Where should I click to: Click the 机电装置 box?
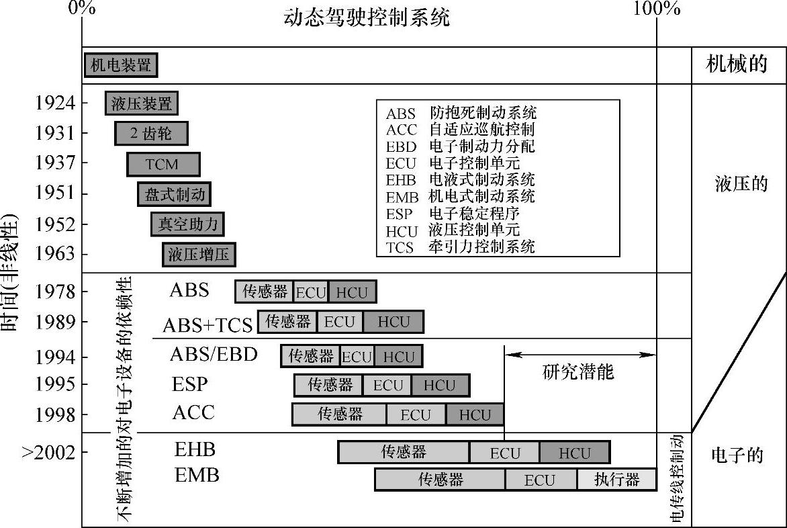tap(121, 65)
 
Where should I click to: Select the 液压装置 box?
tap(142, 103)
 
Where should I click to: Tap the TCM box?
tap(163, 164)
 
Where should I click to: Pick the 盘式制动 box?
tap(175, 194)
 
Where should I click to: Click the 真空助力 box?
tap(187, 224)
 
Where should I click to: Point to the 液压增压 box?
tap(199, 254)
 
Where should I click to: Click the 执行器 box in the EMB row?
tap(616, 480)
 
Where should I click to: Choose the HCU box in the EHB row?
tap(574, 453)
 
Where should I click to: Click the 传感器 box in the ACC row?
tap(339, 414)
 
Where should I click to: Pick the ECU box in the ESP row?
tap(387, 386)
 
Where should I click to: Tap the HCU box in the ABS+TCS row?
tap(393, 322)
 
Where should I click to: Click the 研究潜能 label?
tap(577, 371)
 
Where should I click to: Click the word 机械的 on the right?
tap(737, 64)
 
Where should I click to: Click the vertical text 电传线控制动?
tap(676, 478)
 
